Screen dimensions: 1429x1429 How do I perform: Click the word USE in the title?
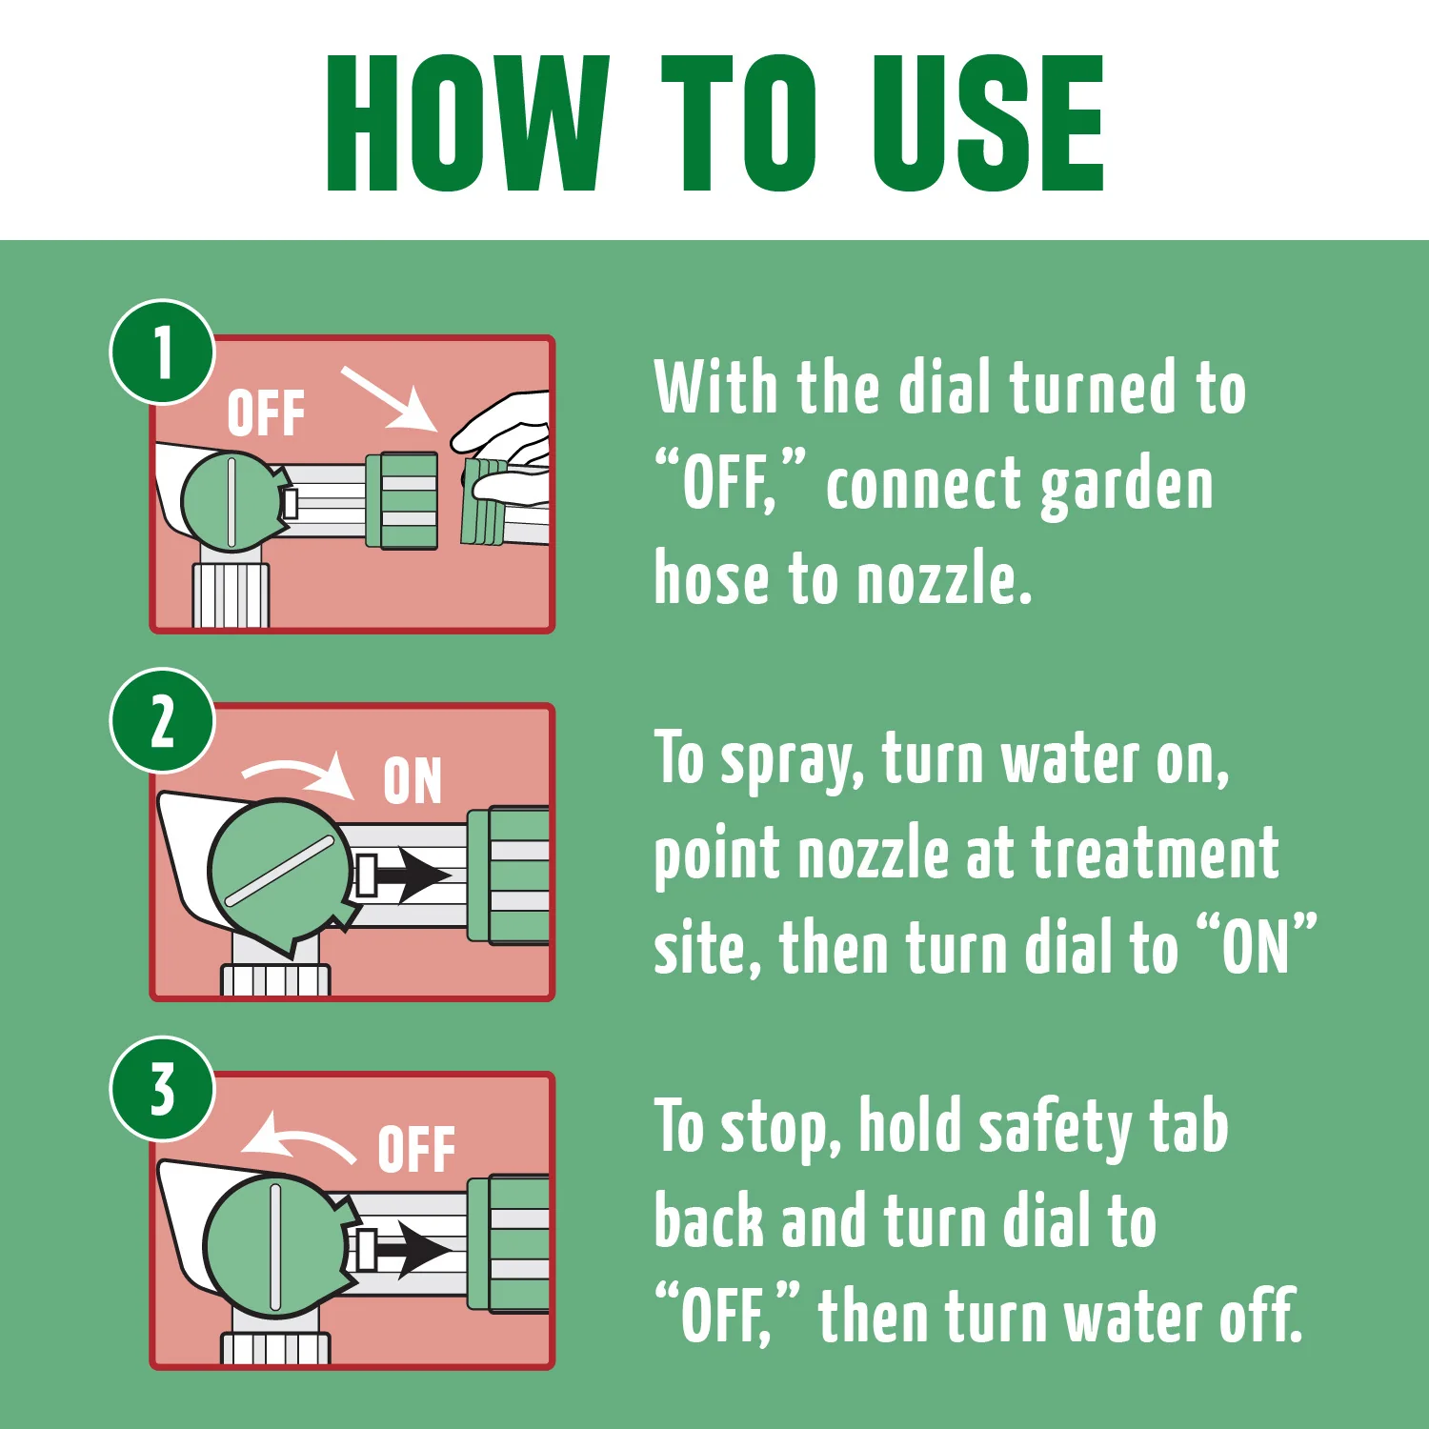987,123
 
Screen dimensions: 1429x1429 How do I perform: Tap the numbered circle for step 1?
163,352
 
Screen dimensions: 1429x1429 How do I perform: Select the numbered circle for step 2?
163,721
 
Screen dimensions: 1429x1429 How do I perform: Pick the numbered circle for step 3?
163,1089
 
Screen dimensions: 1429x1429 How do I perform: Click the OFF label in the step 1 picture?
266,413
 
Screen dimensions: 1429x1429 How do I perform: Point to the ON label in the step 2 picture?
413,781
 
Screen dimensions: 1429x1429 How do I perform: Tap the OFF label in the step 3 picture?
416,1149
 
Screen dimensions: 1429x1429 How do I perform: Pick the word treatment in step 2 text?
1156,853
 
